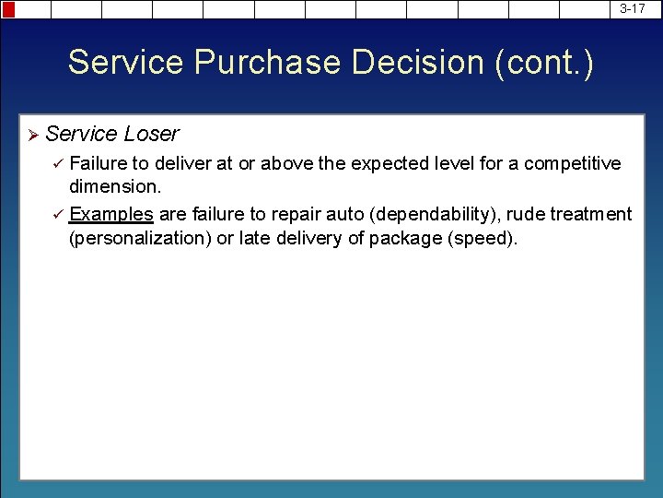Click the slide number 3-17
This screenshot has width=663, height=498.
tap(632, 8)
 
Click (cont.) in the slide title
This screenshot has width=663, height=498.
tap(544, 63)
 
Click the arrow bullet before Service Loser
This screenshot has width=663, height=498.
tap(32, 135)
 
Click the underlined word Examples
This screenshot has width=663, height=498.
tap(111, 215)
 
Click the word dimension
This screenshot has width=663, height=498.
tap(113, 185)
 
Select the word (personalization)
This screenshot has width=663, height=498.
tap(139, 238)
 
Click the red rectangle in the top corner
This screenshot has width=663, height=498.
tap(8, 9)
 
